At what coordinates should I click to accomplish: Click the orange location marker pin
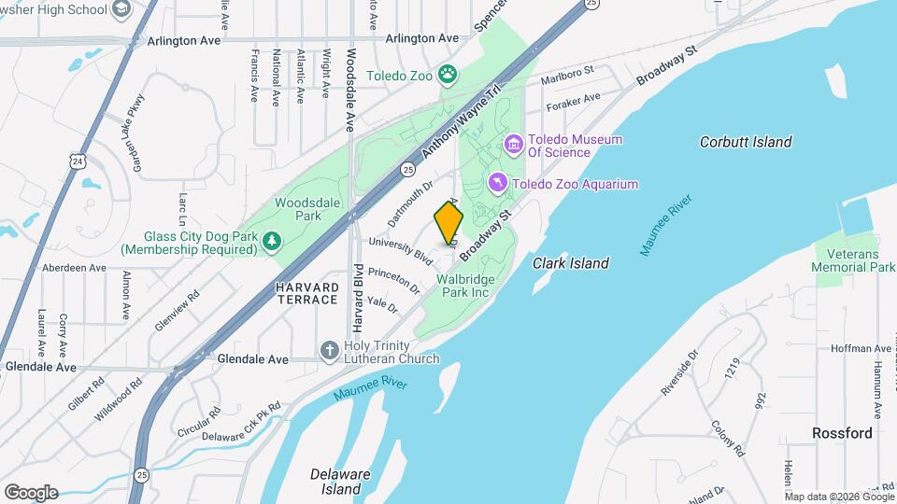[448, 222]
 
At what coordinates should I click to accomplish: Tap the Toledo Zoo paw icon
[448, 73]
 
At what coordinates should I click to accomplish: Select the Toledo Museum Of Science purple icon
[513, 144]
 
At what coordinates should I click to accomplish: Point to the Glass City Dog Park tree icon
[271, 242]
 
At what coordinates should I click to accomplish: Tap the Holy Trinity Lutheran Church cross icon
[329, 351]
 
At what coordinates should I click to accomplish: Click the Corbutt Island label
[746, 142]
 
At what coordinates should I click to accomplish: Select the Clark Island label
[571, 263]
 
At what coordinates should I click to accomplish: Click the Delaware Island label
[335, 481]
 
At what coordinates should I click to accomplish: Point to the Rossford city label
[842, 433]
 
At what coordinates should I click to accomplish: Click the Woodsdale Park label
[298, 208]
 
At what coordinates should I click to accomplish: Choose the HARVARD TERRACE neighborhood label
[306, 293]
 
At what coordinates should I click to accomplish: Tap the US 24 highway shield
[77, 161]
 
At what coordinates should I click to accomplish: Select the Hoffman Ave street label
[861, 348]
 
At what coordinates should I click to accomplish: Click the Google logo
[30, 493]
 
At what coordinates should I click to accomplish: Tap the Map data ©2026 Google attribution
[839, 497]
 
